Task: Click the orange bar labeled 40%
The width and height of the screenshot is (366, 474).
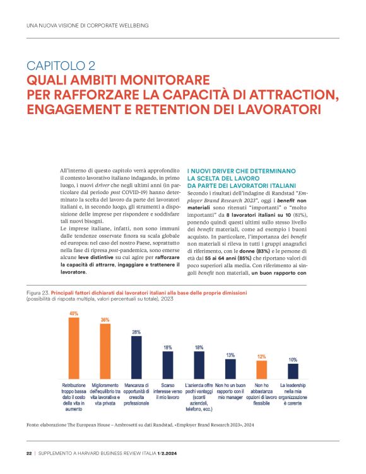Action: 74,347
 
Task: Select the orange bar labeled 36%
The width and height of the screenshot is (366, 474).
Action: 105,350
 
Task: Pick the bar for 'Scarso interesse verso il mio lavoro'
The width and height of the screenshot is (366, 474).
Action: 168,364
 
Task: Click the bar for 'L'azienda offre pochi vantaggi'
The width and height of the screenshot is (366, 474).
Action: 199,364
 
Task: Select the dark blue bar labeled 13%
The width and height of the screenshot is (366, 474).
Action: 230,367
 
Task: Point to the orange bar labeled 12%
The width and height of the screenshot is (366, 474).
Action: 261,369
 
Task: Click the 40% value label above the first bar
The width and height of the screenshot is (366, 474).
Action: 74,313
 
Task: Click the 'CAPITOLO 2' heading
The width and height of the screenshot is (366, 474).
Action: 61,66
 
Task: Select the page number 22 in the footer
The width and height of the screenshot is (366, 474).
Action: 29,453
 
